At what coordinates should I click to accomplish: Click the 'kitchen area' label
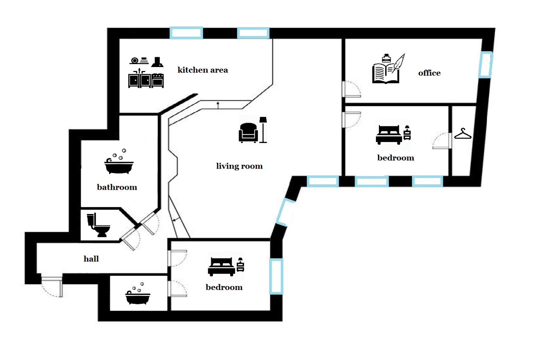pyautogui.click(x=202, y=70)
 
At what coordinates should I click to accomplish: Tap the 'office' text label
pyautogui.click(x=429, y=73)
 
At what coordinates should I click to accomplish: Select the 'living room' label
pyautogui.click(x=239, y=166)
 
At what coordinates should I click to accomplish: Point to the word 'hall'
pyautogui.click(x=91, y=259)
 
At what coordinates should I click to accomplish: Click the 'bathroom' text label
pyautogui.click(x=117, y=187)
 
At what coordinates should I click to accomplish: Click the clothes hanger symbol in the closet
pyautogui.click(x=463, y=134)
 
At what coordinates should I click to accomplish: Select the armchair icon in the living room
pyautogui.click(x=248, y=133)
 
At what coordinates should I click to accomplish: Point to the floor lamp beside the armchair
pyautogui.click(x=263, y=130)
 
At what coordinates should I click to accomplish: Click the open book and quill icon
pyautogui.click(x=388, y=69)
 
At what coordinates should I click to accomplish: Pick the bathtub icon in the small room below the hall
pyautogui.click(x=137, y=294)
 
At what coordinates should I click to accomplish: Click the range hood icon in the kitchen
pyautogui.click(x=157, y=62)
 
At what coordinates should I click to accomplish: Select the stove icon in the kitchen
pyautogui.click(x=158, y=80)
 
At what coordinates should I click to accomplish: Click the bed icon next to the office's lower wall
pyautogui.click(x=389, y=135)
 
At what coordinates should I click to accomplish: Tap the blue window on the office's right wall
pyautogui.click(x=485, y=65)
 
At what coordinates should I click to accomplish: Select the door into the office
pyautogui.click(x=352, y=89)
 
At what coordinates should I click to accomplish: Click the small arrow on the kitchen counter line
pyautogui.click(x=218, y=105)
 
